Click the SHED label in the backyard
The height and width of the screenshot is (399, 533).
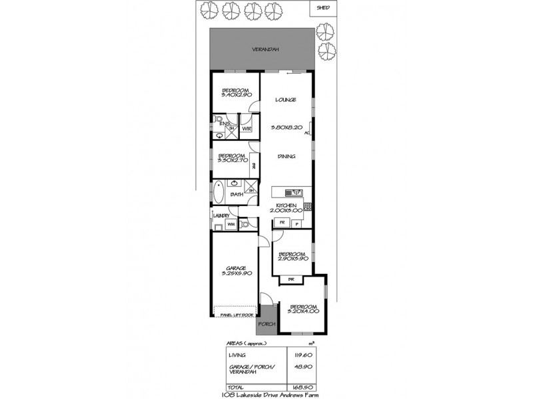[324, 8]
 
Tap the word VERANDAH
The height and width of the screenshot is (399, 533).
[265, 49]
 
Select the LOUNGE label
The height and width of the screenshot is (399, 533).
[285, 100]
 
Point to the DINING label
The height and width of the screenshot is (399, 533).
[286, 157]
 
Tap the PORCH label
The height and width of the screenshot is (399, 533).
[266, 324]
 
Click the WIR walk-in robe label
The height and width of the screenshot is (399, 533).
[247, 128]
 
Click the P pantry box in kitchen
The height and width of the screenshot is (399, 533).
[296, 223]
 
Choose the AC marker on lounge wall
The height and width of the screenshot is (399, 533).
[307, 134]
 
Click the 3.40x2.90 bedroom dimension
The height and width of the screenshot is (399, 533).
[235, 96]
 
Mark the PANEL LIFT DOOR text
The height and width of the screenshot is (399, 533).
[237, 315]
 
